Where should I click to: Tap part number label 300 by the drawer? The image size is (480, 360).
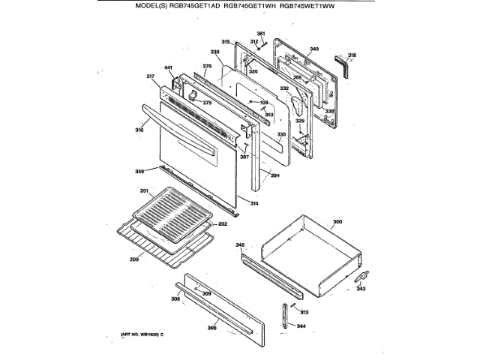tap(337, 221)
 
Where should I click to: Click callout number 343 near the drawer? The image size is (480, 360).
tap(361, 287)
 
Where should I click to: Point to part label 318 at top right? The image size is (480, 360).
tap(352, 55)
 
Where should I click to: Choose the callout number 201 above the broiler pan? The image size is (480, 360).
tap(145, 190)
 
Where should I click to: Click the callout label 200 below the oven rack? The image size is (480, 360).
tap(134, 259)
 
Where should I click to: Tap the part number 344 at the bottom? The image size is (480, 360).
tap(301, 326)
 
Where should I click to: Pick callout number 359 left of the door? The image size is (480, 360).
tap(139, 172)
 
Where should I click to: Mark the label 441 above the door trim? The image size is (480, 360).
tap(169, 69)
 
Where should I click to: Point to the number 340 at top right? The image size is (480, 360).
tap(314, 49)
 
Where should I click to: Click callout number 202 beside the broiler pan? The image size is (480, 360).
tap(222, 223)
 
